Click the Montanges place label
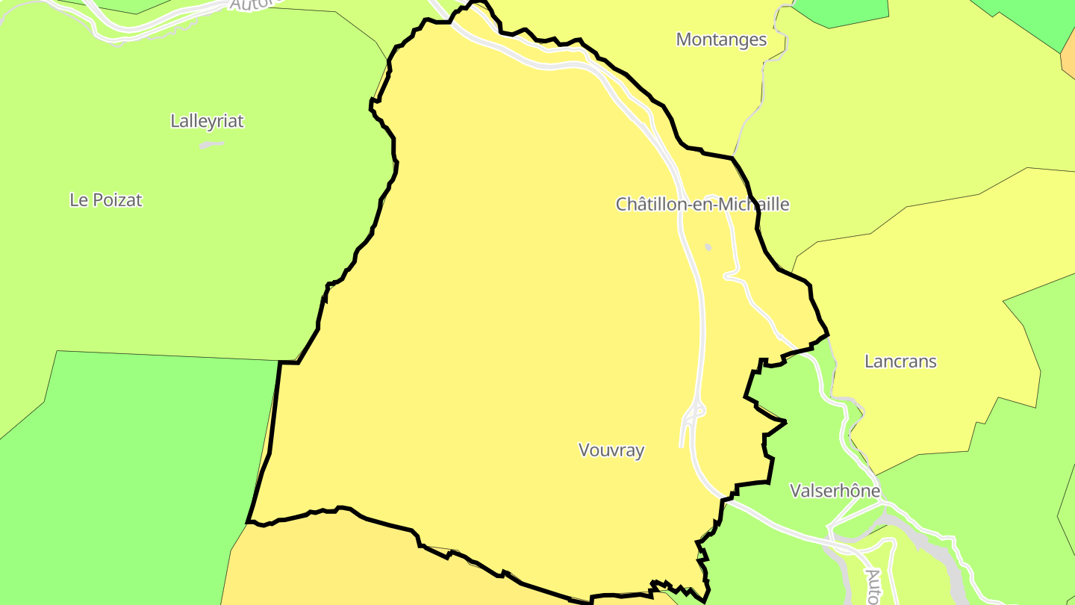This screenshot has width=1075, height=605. click(x=721, y=40)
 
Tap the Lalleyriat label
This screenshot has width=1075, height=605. click(x=207, y=121)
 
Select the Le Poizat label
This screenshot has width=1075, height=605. click(x=105, y=200)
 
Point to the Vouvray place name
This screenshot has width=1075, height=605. click(x=611, y=450)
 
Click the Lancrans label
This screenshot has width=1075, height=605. click(x=900, y=362)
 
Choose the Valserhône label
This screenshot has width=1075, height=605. click(x=835, y=491)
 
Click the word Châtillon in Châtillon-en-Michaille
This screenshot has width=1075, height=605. click(x=648, y=204)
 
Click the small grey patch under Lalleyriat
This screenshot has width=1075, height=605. click(x=211, y=145)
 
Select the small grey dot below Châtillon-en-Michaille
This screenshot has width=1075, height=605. click(x=708, y=246)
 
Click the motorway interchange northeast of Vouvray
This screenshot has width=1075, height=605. click(x=695, y=412)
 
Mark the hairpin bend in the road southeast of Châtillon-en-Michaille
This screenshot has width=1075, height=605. click(x=728, y=276)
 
